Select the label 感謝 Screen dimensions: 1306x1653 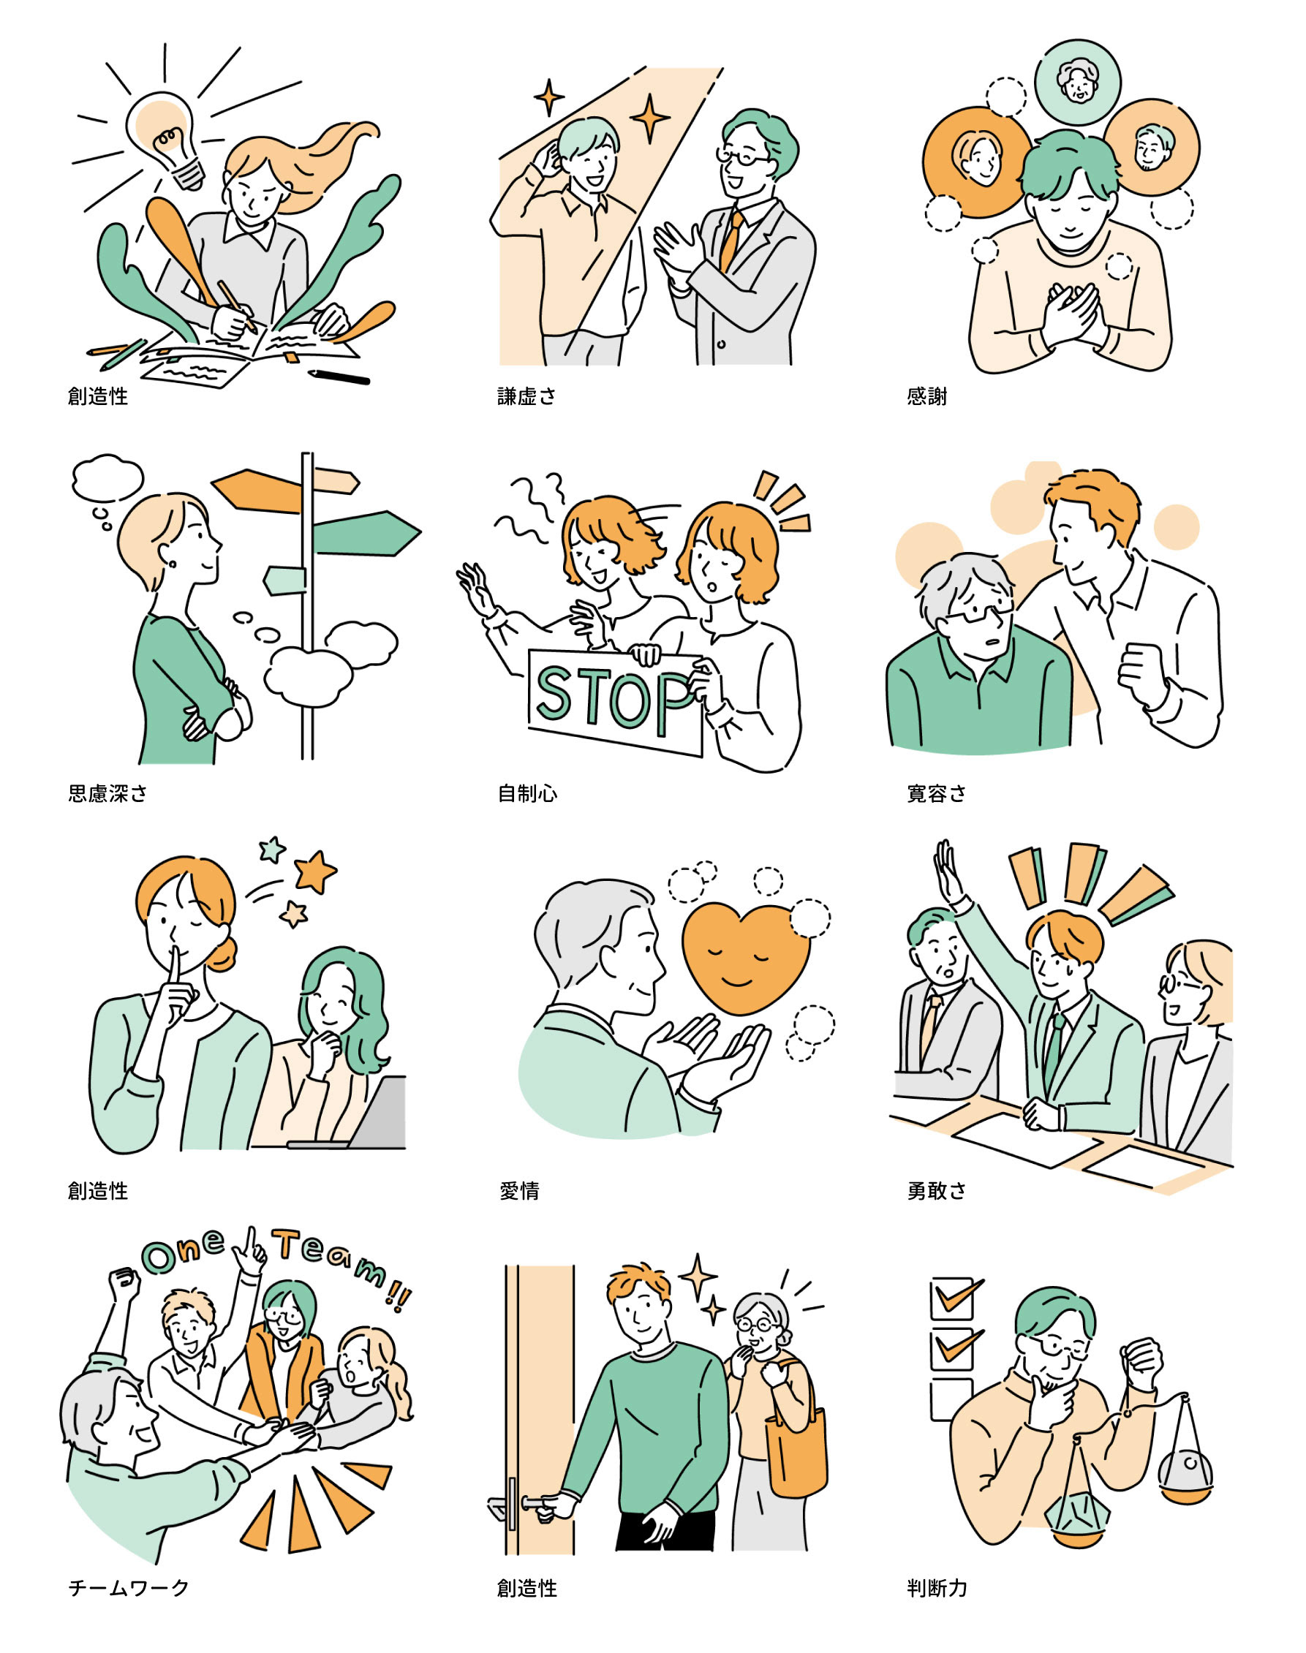926,396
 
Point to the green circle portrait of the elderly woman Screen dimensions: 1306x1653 1078,81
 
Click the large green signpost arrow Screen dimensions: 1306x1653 366,533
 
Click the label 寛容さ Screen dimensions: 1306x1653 937,794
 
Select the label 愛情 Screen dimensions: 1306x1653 519,1191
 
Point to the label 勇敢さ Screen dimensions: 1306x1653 937,1191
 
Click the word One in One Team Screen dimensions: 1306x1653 184,1252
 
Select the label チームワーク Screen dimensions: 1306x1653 129,1589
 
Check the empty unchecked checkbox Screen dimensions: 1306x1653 951,1400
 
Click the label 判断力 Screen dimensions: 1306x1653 937,1589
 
